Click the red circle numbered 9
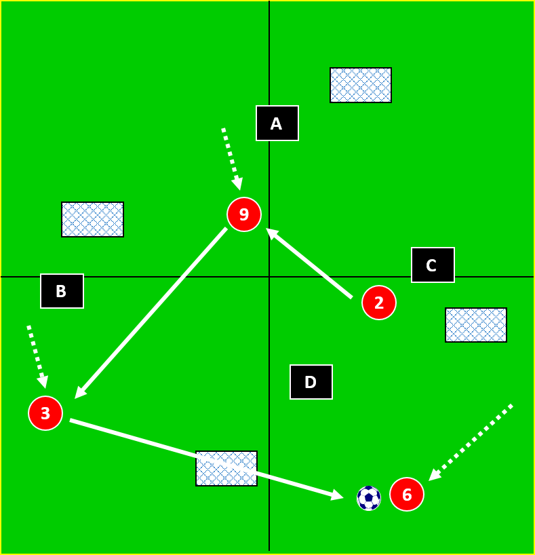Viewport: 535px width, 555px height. click(x=244, y=214)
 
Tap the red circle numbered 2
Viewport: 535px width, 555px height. click(x=379, y=303)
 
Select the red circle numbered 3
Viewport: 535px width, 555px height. click(x=45, y=413)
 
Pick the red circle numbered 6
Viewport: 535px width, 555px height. click(x=407, y=495)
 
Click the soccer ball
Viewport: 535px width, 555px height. click(x=369, y=498)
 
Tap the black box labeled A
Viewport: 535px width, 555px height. click(x=277, y=123)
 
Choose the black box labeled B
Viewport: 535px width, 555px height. click(x=62, y=291)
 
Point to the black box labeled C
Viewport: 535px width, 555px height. click(x=433, y=265)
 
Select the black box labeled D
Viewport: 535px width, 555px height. click(x=311, y=382)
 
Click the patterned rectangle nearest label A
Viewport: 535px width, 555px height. click(x=361, y=85)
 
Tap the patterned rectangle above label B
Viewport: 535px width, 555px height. click(x=93, y=220)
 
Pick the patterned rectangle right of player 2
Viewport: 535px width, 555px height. click(x=476, y=325)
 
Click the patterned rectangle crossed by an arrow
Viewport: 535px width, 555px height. click(x=226, y=468)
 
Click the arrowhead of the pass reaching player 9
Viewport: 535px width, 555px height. click(x=271, y=232)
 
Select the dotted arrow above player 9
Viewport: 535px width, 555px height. click(x=231, y=158)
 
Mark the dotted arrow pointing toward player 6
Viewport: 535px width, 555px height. click(x=471, y=442)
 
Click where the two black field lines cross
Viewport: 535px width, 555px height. click(x=269, y=277)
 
